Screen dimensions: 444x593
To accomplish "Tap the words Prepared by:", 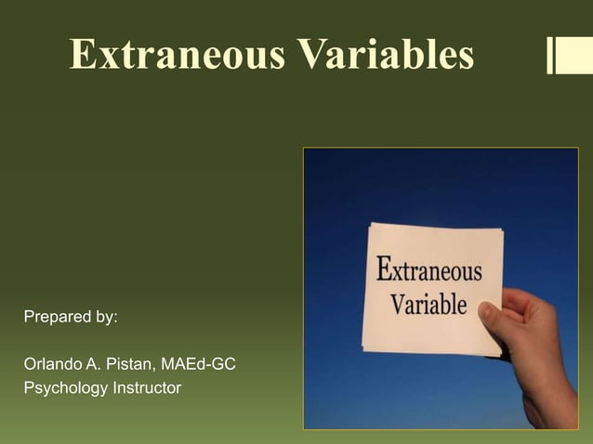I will [x=71, y=317].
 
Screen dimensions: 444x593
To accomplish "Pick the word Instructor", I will [x=147, y=386].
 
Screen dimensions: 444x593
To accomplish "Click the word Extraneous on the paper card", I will [x=429, y=272].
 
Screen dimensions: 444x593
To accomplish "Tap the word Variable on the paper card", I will [x=428, y=304].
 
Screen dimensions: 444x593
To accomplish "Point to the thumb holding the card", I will [x=494, y=320].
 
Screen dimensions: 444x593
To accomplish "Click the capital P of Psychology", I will [x=30, y=386].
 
